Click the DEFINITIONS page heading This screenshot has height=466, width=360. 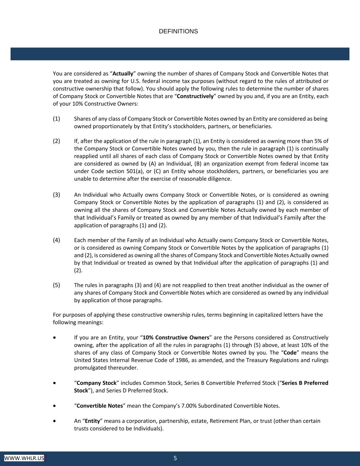[178, 31]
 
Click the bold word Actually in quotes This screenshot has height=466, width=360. [123, 73]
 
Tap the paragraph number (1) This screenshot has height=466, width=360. [57, 119]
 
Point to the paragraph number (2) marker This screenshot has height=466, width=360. [57, 141]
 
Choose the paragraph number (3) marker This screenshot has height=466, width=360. [57, 195]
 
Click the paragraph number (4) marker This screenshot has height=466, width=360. [57, 240]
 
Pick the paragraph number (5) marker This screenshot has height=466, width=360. [57, 285]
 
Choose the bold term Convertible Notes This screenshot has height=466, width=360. [100, 406]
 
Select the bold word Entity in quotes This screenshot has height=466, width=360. [92, 421]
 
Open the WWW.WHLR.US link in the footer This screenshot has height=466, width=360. [24, 458]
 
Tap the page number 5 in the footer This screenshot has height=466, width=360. [175, 458]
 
